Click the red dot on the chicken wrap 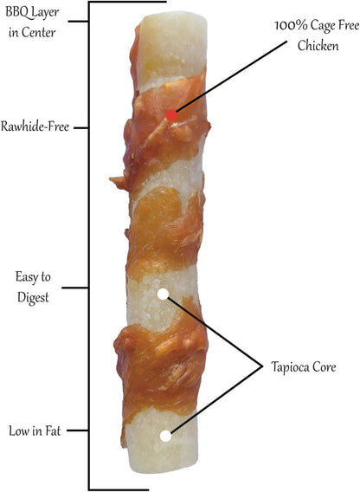171,115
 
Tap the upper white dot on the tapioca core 163,294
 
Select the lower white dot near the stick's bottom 165,436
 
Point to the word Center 39,33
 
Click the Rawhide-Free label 35,126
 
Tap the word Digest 33,297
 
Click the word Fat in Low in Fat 53,430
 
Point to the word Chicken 318,46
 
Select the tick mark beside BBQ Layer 79,22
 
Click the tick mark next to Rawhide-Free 81,128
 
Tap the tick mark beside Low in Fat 78,430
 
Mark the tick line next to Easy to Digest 75,288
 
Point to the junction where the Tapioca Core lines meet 262,366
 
